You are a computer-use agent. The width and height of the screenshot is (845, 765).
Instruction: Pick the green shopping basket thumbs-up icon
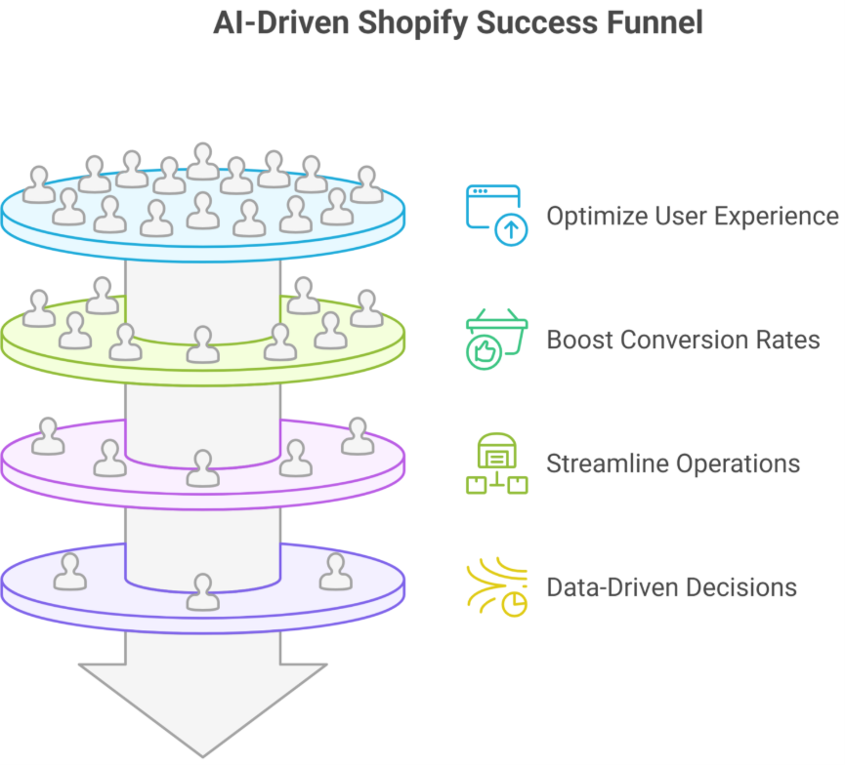point(495,340)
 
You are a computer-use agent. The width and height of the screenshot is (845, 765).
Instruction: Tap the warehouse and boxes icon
point(495,463)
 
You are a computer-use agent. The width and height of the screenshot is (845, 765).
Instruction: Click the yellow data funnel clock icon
point(497,588)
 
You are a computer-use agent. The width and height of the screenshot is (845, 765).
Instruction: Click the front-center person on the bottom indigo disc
point(202,592)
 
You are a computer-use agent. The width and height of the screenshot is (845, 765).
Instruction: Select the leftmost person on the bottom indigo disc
point(69,572)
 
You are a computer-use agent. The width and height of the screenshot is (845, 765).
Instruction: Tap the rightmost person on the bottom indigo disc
point(335,572)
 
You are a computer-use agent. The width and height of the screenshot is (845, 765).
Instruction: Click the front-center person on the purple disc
point(202,468)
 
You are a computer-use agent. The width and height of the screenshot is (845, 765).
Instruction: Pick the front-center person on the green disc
point(202,344)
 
